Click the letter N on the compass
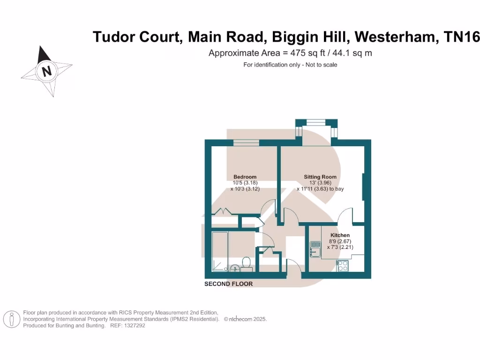click(46, 72)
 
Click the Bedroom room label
click(245, 177)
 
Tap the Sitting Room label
click(320, 177)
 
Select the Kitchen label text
click(340, 235)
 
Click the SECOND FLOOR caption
click(228, 284)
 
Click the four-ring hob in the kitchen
click(342, 265)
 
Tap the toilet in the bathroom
click(246, 263)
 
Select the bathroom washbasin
click(235, 268)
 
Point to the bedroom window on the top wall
click(246, 143)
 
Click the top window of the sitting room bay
click(316, 122)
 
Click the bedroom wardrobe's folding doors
click(223, 212)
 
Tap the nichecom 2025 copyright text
click(246, 319)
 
